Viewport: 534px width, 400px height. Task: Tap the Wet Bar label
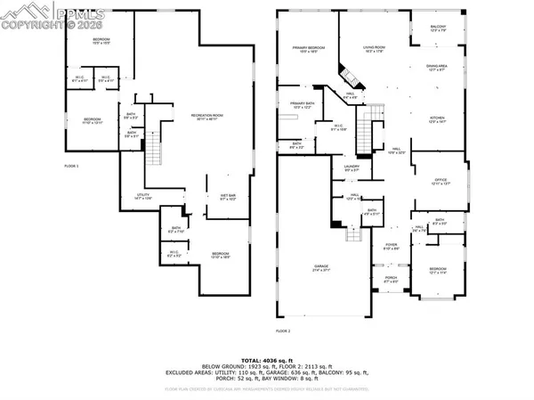(x=228, y=197)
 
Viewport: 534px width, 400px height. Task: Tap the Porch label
(x=391, y=279)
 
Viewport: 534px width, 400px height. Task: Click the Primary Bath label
(x=303, y=105)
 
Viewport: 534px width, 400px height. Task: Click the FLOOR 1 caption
(x=71, y=167)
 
